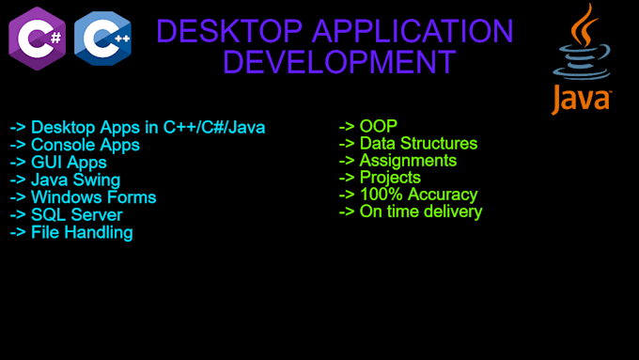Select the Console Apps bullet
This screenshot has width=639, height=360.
(x=74, y=145)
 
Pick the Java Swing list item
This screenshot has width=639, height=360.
(x=65, y=180)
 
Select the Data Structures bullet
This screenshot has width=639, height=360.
(x=408, y=144)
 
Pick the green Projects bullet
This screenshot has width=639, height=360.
(x=380, y=178)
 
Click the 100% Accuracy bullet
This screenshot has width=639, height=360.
(x=408, y=195)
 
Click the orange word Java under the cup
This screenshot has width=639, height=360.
(x=582, y=99)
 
